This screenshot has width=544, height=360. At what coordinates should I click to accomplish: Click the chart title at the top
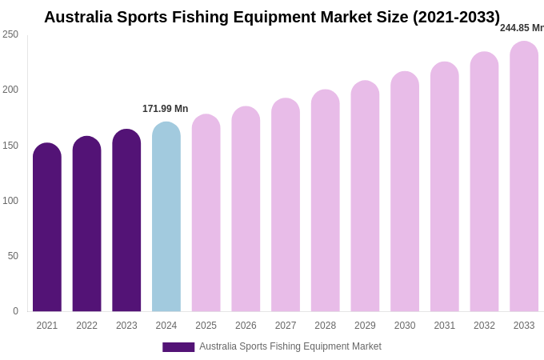click(x=272, y=17)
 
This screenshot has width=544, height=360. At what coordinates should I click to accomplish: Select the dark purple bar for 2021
click(x=47, y=228)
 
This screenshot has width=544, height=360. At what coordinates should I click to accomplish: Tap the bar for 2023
click(x=126, y=221)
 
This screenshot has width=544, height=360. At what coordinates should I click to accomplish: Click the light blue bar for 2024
click(x=166, y=218)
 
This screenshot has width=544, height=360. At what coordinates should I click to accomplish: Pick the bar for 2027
click(x=286, y=206)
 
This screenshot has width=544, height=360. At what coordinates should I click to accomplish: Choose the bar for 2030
click(x=405, y=192)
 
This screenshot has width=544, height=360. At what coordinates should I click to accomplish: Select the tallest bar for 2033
click(x=524, y=177)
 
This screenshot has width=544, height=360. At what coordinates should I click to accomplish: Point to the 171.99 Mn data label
click(x=166, y=109)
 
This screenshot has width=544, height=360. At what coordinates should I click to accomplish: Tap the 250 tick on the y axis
click(x=10, y=34)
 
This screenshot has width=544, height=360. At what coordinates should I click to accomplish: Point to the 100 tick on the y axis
click(x=10, y=201)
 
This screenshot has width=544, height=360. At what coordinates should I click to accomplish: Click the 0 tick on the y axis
click(x=15, y=311)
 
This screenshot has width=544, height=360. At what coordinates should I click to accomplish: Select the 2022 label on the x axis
click(x=86, y=326)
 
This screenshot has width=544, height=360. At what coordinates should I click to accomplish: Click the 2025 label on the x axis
click(x=206, y=326)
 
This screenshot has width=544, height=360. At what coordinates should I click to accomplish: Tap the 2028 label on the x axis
click(x=325, y=326)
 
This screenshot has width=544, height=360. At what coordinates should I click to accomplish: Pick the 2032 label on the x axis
click(x=484, y=326)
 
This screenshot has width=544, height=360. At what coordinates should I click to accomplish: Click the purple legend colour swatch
click(x=178, y=347)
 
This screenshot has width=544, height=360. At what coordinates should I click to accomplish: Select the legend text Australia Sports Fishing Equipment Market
click(x=290, y=346)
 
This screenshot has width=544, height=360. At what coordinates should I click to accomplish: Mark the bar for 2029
click(x=365, y=197)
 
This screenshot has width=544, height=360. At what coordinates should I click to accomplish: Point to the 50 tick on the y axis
click(x=13, y=256)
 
